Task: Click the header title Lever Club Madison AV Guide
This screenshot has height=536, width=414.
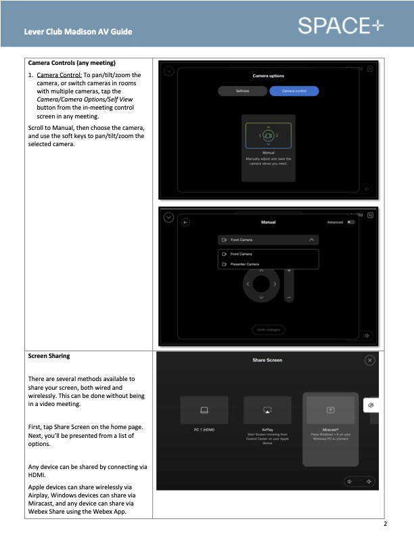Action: [78, 32]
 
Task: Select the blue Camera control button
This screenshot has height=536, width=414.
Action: [294, 91]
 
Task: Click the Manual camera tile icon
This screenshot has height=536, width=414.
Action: [268, 136]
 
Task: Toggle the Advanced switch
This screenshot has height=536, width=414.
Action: [350, 222]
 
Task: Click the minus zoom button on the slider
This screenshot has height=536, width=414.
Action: [289, 297]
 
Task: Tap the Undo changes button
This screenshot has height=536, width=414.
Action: [268, 330]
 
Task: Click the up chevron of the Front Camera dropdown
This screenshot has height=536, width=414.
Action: [310, 240]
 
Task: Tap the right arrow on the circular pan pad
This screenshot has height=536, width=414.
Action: [274, 284]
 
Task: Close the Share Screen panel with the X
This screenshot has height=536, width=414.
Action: [369, 361]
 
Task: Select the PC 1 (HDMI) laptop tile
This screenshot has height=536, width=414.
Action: [204, 410]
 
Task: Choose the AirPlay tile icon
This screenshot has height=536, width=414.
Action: [267, 410]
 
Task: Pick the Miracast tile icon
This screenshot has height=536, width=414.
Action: [331, 410]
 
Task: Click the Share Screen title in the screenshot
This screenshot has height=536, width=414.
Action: [267, 360]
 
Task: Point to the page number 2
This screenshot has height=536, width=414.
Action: [385, 524]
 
